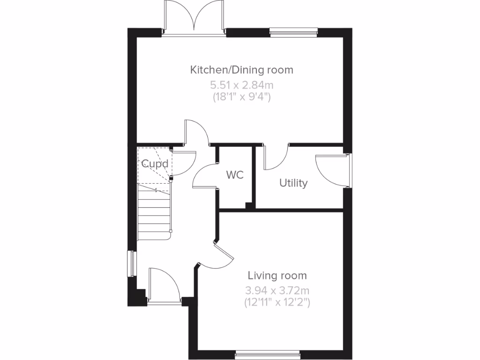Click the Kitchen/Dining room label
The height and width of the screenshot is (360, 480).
point(241,70)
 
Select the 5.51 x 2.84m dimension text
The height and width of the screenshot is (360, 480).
point(241,85)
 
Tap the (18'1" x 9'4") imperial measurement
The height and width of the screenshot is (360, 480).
point(241,97)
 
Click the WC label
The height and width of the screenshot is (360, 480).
point(235,175)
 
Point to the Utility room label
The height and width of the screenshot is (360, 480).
point(293,183)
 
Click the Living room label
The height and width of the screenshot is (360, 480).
point(277,275)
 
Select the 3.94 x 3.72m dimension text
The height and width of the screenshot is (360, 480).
point(277,290)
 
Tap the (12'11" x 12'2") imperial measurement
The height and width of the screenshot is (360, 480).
point(277,302)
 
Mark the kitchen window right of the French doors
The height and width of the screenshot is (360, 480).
point(293,32)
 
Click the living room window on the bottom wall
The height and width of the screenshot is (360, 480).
point(267,354)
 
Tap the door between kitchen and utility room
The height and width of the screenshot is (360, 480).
point(277,158)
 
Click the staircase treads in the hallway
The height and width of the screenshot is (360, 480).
point(154,213)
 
